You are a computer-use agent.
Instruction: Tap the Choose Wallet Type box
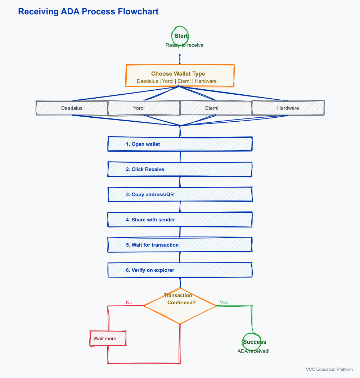click(180, 76)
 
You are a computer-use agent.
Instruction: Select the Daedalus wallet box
click(72, 108)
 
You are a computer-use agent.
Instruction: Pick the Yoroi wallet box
click(144, 108)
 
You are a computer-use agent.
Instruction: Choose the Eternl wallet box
click(216, 108)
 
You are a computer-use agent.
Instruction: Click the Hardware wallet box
click(288, 108)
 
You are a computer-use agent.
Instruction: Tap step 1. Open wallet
click(180, 144)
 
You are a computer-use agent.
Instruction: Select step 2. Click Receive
click(180, 169)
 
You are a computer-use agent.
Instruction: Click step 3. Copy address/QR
click(180, 194)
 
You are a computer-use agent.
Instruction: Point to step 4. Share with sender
click(180, 220)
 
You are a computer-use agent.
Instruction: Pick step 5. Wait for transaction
click(180, 245)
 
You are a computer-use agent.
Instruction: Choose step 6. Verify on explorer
click(180, 270)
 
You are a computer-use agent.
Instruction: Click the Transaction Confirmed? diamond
click(180, 306)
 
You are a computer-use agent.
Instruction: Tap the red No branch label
click(129, 302)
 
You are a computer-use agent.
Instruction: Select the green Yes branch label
click(224, 302)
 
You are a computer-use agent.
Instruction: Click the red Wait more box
click(108, 338)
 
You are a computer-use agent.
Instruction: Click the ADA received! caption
click(253, 351)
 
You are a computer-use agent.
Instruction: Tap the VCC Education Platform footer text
click(329, 369)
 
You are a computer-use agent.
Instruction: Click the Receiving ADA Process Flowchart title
click(88, 12)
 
